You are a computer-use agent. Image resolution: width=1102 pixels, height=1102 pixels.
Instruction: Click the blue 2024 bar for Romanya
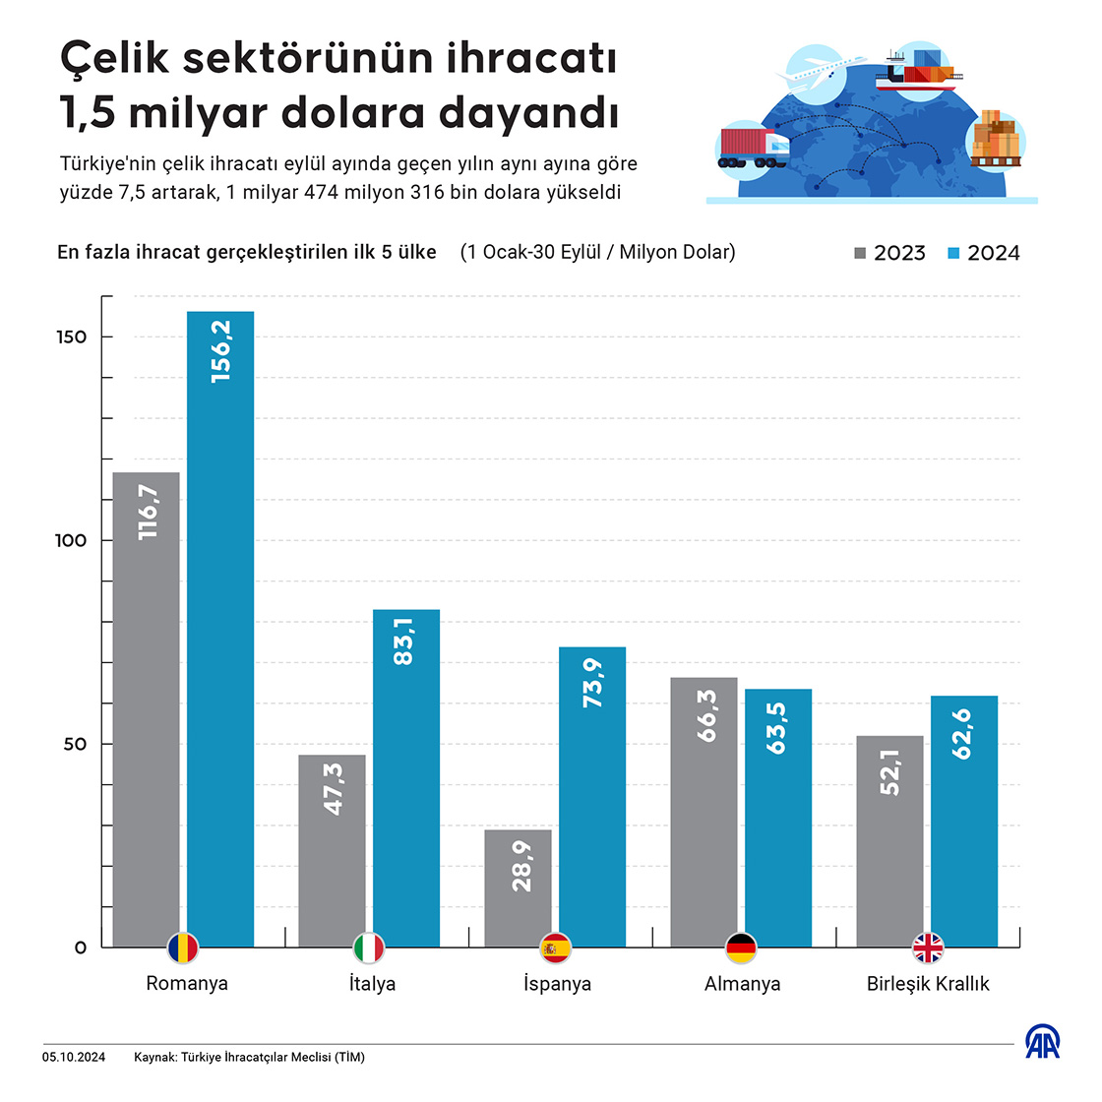tap(220, 630)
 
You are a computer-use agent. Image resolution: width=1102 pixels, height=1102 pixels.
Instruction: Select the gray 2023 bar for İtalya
tap(332, 851)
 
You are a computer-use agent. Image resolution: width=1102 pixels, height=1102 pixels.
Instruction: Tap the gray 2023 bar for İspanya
tap(518, 888)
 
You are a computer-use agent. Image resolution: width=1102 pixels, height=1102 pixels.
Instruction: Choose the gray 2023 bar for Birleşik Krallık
tap(889, 841)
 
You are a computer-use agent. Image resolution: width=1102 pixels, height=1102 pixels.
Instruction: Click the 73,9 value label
tap(592, 683)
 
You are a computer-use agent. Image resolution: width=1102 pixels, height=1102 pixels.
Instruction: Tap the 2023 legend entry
tap(889, 253)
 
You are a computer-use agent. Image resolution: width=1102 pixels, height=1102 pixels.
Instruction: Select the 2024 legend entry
tap(983, 253)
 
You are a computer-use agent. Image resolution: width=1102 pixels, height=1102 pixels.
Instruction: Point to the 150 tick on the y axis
tap(72, 337)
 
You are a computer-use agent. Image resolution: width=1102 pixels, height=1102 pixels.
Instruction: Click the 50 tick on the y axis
tap(76, 744)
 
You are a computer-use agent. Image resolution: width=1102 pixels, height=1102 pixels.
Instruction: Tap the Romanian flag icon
tap(183, 949)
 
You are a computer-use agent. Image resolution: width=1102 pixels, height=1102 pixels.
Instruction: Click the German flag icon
tap(741, 949)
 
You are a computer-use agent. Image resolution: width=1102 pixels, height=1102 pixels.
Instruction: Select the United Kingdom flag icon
tap(927, 949)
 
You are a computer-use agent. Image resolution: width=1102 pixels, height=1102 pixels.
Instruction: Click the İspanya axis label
tap(557, 984)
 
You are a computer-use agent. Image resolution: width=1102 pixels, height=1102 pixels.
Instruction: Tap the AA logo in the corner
tap(1043, 1042)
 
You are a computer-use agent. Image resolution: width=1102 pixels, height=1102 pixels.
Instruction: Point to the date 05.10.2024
tap(74, 1058)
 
